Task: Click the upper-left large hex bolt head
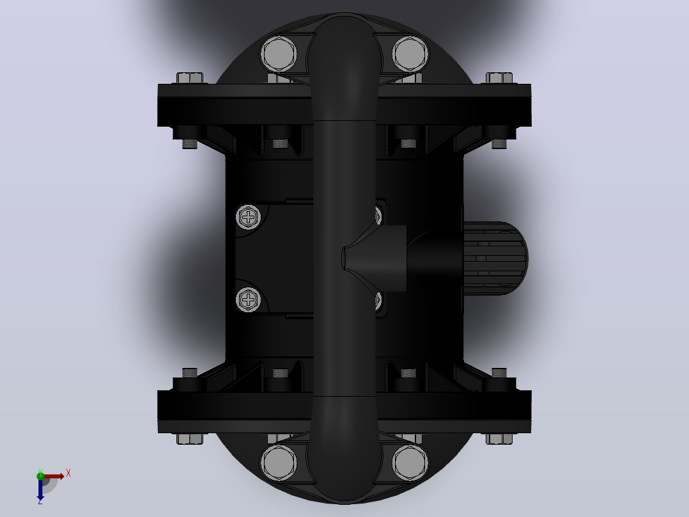pyautogui.click(x=279, y=54)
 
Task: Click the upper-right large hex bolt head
pyautogui.click(x=410, y=54)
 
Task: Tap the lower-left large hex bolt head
pyautogui.click(x=279, y=463)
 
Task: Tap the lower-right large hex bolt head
pyautogui.click(x=410, y=463)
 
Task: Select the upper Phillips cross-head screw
pyautogui.click(x=248, y=217)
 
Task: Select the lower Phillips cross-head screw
pyautogui.click(x=248, y=299)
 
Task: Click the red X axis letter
pyautogui.click(x=68, y=473)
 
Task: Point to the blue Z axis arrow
pyautogui.click(x=40, y=489)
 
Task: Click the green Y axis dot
pyautogui.click(x=40, y=475)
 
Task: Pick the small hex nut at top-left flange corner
pyautogui.click(x=190, y=78)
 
